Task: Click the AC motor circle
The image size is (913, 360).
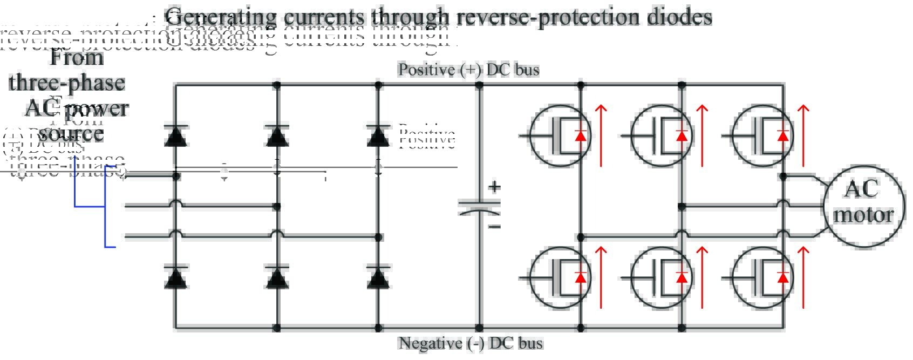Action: coord(863,206)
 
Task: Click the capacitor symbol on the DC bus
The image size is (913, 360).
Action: coord(479,208)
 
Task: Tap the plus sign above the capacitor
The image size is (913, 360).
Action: coord(494,187)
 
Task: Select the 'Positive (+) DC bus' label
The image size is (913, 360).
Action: coord(468,70)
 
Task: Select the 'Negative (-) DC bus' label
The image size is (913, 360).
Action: coord(470,343)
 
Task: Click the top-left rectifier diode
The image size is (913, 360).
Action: coord(175,136)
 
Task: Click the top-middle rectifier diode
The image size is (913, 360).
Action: coord(277,136)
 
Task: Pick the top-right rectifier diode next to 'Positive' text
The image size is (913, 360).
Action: coord(378,136)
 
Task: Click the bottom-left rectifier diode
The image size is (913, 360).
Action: coord(175,277)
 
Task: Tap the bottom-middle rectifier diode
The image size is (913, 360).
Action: coord(277,277)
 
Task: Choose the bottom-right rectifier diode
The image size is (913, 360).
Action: coord(378,277)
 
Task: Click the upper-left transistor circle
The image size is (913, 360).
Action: coord(560,135)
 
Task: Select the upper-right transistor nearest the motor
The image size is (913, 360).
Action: coord(762,135)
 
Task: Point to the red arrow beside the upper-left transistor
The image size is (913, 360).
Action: coord(601,135)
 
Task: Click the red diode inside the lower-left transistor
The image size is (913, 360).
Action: coord(581,277)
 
